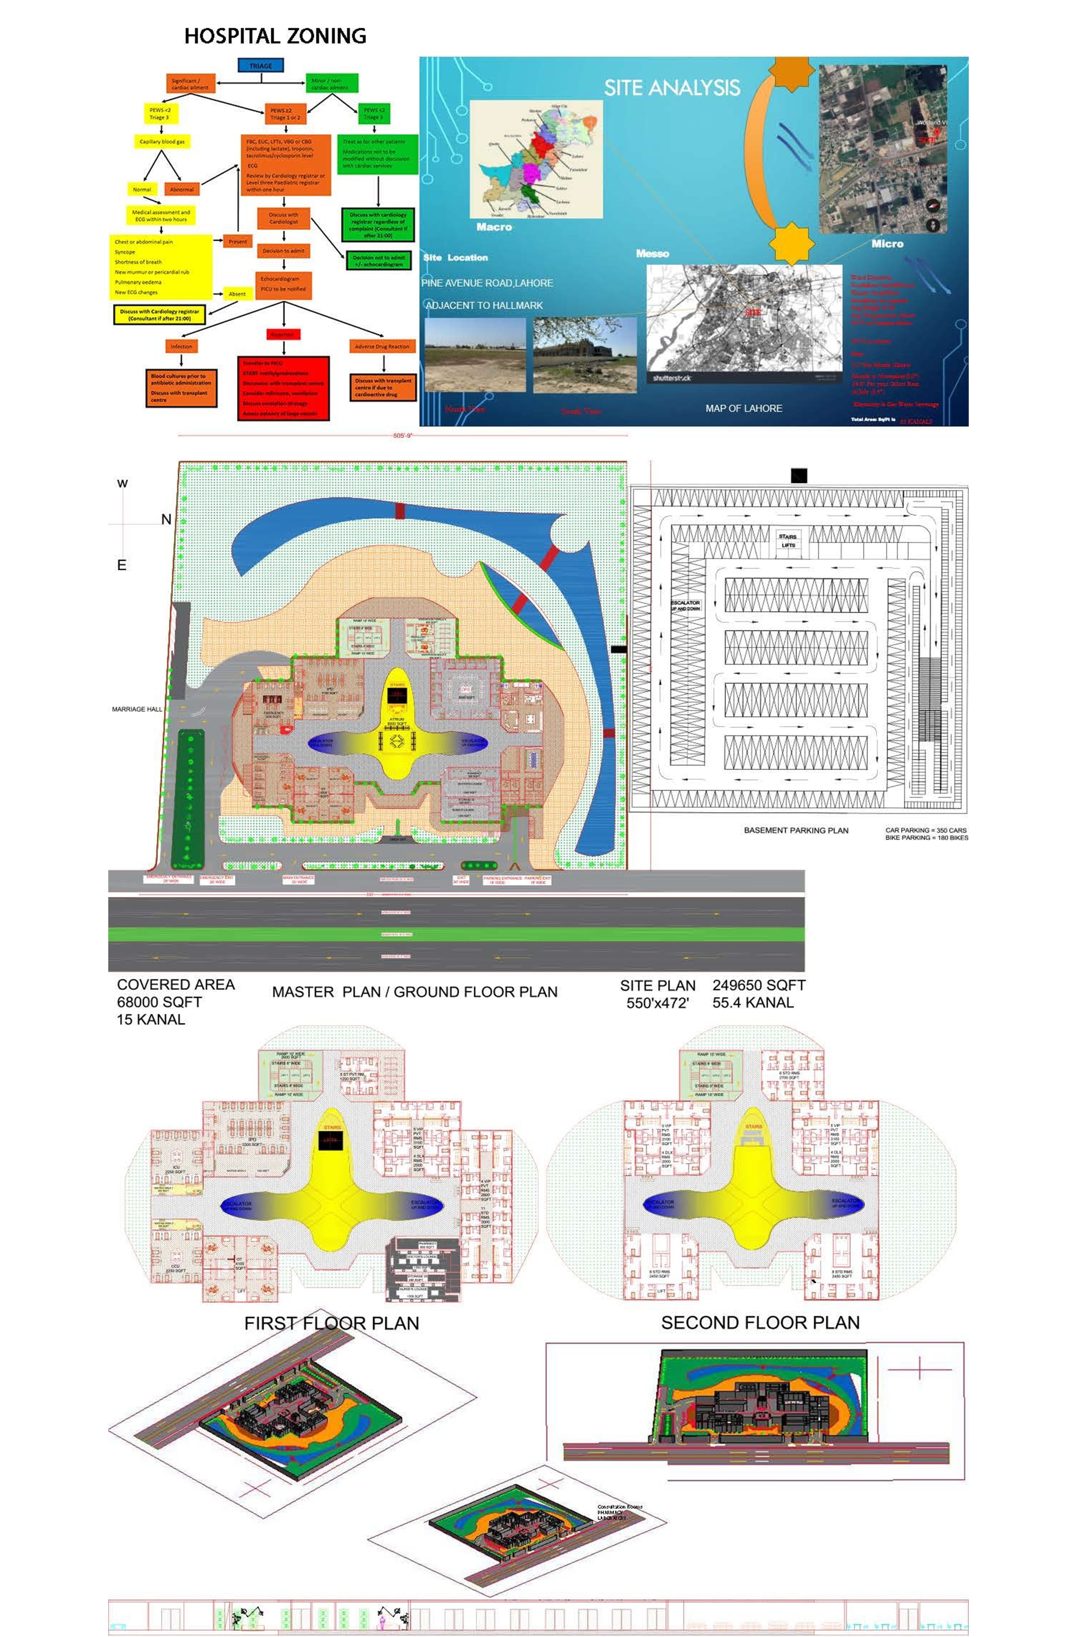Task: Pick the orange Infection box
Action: pos(181,347)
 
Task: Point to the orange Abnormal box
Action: pos(181,189)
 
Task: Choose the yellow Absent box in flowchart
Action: pos(237,294)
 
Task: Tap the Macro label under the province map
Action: pos(494,227)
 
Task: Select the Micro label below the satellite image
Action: pos(887,243)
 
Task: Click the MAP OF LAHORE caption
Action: pos(743,408)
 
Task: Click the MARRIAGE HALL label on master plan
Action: pos(137,709)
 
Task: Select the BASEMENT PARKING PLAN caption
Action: pos(796,830)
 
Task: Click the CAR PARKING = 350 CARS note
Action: pos(926,830)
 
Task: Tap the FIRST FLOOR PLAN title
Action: pos(331,1323)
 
